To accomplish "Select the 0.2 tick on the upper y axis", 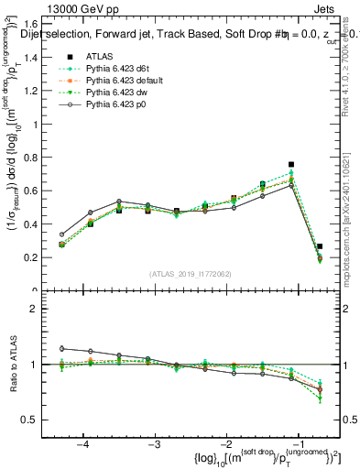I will [43, 257].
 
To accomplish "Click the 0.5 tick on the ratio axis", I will [43, 420].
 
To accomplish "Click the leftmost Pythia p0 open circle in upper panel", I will [61, 234].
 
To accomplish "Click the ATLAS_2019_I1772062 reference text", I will [190, 274].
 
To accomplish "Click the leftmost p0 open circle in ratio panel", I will [61, 348].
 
